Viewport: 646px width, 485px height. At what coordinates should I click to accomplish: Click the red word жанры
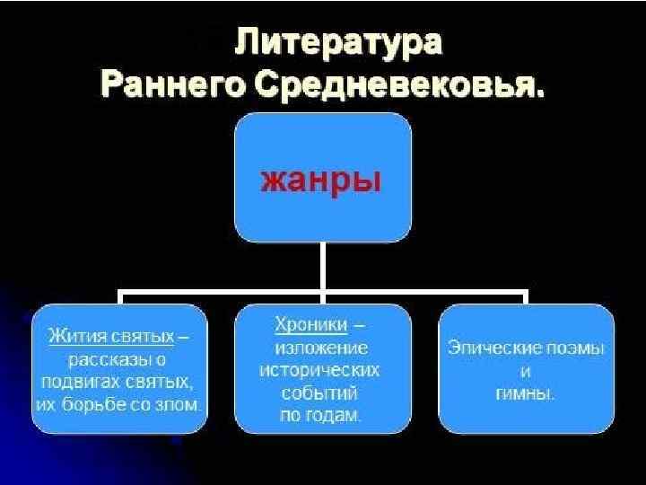tap(321, 179)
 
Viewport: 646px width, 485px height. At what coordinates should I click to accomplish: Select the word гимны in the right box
tap(525, 392)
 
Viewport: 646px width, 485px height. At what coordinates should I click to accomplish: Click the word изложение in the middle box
tap(321, 346)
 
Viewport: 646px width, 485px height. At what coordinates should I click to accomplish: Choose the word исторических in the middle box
tap(320, 369)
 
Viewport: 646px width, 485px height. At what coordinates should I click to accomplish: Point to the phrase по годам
tap(320, 416)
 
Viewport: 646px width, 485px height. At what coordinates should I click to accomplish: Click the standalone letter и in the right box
tap(525, 370)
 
